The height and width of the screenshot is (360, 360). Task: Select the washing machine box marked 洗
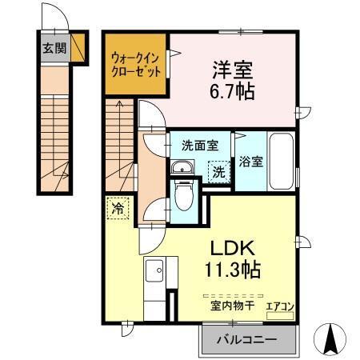coord(217,170)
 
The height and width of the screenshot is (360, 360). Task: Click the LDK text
coord(232,247)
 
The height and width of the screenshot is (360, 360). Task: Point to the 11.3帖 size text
coord(232,270)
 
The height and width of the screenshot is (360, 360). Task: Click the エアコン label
coord(279,305)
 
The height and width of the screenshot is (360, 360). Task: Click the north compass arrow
coord(330,338)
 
